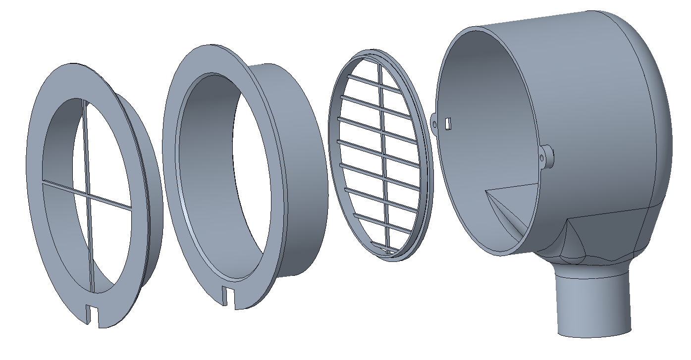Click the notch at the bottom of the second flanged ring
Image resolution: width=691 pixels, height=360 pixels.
tap(227, 298)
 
